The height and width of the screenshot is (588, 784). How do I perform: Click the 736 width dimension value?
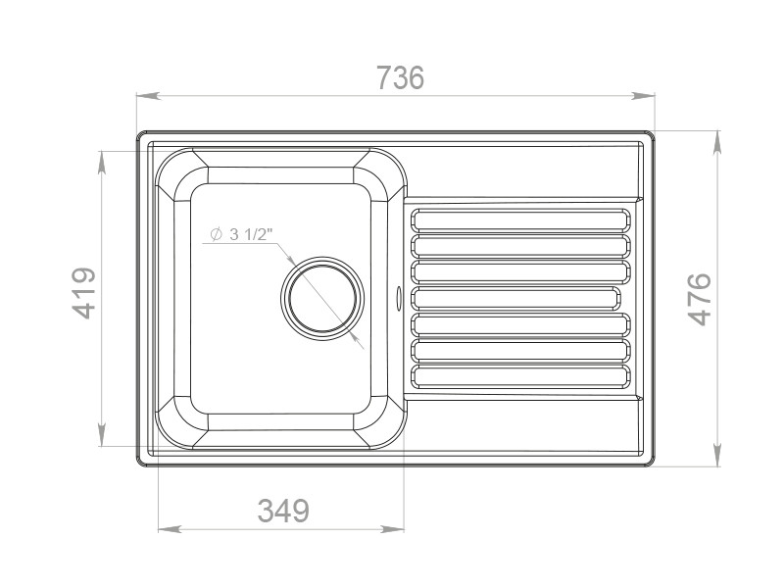point(400,78)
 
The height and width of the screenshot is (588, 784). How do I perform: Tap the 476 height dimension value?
point(700,299)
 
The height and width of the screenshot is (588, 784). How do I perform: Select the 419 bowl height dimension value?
point(84,293)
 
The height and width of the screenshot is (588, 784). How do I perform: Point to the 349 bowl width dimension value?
point(283,511)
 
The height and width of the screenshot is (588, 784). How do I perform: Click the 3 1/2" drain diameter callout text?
point(251,234)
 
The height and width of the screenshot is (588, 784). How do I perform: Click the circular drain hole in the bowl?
point(322,299)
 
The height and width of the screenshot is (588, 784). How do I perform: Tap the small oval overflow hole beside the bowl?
point(399,298)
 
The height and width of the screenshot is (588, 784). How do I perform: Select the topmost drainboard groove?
point(520,220)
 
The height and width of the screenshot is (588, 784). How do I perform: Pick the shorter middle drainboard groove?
point(515,298)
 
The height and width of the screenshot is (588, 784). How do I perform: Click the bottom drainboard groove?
point(520,376)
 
